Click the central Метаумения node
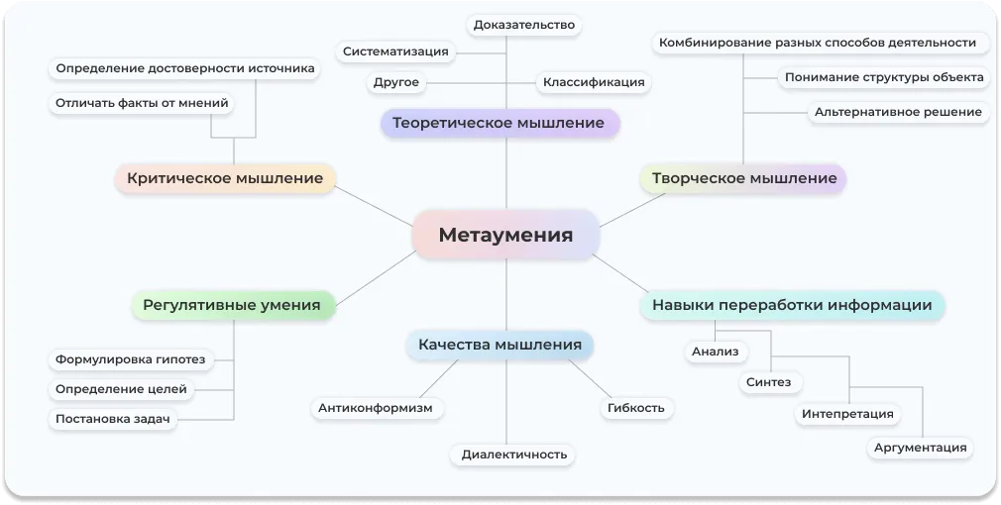(505, 235)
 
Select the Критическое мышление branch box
(224, 178)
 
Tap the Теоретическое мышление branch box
(499, 123)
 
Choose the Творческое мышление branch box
(744, 179)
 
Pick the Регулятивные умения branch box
(232, 305)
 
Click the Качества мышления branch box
(500, 345)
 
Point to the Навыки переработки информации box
(792, 305)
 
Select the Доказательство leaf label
(524, 25)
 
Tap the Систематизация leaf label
(395, 51)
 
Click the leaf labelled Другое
(396, 82)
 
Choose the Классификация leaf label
(594, 82)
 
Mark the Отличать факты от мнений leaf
(142, 102)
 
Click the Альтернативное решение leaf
(898, 112)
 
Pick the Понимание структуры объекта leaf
(884, 77)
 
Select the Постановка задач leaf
(113, 419)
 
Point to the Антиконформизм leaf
(376, 407)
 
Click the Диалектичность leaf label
(514, 454)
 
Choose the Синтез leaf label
(768, 381)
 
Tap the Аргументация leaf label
(920, 448)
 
